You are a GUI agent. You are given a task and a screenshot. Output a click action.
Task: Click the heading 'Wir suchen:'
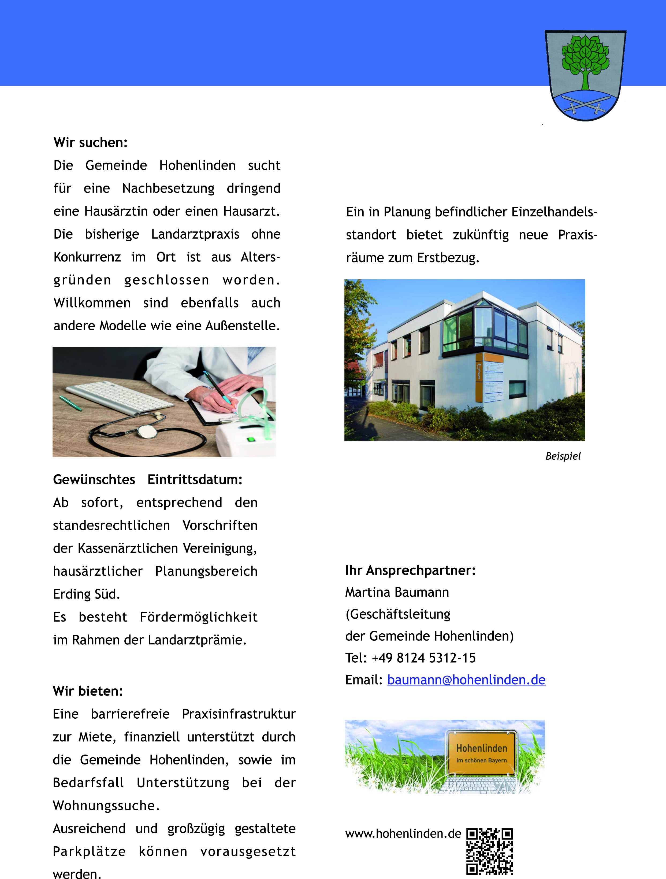tap(91, 142)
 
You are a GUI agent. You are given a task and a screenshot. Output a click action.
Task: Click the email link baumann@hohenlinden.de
tap(466, 680)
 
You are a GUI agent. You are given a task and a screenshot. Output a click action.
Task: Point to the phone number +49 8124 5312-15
tap(423, 658)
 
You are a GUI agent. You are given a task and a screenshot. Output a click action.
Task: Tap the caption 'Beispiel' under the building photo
tap(563, 456)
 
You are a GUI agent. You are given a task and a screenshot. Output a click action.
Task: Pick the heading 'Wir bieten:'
tap(88, 691)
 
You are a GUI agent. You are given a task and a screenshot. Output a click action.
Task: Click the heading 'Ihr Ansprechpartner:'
tap(410, 570)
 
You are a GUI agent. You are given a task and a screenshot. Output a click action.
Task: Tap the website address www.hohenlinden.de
tap(403, 834)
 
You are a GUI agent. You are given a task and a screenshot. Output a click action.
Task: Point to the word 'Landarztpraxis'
tap(195, 234)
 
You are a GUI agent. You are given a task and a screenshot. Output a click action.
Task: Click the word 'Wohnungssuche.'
tap(106, 806)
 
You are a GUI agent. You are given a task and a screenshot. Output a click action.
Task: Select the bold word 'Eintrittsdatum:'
tap(195, 480)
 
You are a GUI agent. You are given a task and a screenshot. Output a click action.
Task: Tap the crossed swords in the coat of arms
tap(585, 104)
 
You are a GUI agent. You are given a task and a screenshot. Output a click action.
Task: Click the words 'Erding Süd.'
tap(87, 594)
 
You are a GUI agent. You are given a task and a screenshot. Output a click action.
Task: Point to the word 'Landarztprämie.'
tap(197, 640)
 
